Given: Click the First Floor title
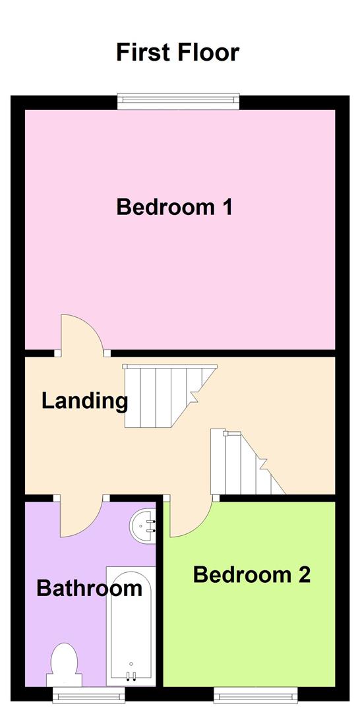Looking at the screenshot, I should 178,52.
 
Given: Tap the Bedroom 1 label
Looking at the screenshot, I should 175,207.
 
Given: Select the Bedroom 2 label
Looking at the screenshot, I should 251,575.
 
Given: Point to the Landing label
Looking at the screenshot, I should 84,401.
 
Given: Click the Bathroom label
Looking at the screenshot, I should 89,588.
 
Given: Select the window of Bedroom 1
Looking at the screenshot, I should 178,102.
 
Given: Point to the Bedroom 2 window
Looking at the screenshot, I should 255,693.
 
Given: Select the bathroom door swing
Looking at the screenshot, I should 80,517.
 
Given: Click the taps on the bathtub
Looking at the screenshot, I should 131,674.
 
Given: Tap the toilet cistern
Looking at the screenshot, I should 64,680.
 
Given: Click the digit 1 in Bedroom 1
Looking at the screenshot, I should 226,207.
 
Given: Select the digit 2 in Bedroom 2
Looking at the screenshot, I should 303,575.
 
